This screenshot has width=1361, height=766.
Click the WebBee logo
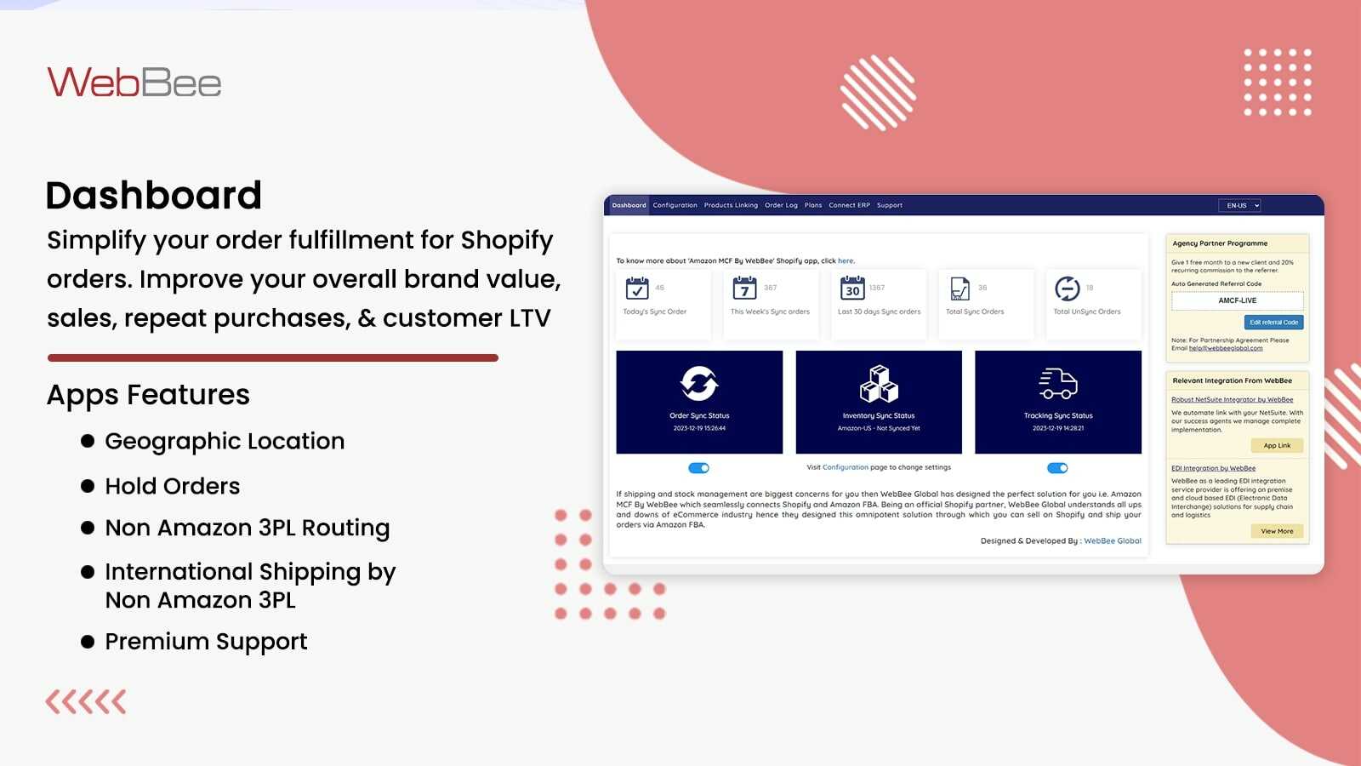[134, 83]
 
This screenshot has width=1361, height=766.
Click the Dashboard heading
[154, 195]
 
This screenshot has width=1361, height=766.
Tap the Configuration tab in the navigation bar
[675, 205]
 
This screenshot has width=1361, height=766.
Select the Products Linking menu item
[731, 205]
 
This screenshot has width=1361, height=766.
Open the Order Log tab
[781, 205]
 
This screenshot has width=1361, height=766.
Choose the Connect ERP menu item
[849, 205]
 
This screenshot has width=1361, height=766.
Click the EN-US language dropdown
[1239, 205]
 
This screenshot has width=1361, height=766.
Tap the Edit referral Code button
[1273, 323]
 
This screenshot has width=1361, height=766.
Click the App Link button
[1277, 445]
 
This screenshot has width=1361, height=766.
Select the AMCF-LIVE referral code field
[1237, 300]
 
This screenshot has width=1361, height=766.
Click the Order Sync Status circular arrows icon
[699, 384]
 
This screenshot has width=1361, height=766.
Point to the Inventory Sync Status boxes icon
[879, 384]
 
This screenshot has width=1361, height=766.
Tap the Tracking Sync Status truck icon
[1058, 384]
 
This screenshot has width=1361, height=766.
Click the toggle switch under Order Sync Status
[699, 468]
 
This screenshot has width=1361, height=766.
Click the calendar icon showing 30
[852, 289]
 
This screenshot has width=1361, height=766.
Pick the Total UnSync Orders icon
[1067, 289]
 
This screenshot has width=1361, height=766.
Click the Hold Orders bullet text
[173, 486]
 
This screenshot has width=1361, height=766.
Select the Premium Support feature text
[206, 641]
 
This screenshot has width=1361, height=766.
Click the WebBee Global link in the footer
[1113, 540]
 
